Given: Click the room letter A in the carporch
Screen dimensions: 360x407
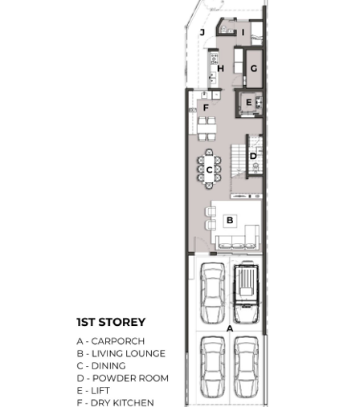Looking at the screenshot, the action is click(x=230, y=328).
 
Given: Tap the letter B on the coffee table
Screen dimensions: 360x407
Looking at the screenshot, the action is click(x=230, y=220).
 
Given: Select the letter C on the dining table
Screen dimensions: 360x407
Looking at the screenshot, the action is click(x=209, y=169).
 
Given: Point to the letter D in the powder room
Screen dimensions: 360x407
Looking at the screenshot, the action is click(x=253, y=156).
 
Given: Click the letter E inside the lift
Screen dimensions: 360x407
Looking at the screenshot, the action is click(x=248, y=102).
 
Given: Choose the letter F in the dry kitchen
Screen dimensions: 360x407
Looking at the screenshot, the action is click(x=206, y=108).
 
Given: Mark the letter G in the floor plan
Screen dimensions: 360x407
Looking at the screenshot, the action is click(x=254, y=68).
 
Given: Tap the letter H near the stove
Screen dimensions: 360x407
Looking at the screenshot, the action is click(x=220, y=68).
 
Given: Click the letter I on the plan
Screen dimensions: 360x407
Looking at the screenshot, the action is click(x=243, y=32).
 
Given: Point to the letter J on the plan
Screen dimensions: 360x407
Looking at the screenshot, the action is click(x=202, y=32).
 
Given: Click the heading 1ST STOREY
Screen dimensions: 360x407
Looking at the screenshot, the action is click(x=111, y=322).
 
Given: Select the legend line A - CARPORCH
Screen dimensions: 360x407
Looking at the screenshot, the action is click(x=111, y=341).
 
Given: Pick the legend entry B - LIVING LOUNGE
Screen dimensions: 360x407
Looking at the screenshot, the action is click(x=121, y=353).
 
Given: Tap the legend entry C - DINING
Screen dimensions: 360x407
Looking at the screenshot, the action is click(x=101, y=366).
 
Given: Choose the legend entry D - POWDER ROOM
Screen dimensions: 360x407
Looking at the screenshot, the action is click(x=123, y=378).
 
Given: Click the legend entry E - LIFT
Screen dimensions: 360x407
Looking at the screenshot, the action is click(x=93, y=390).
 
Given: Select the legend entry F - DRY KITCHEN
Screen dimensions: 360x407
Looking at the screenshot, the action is click(x=116, y=403).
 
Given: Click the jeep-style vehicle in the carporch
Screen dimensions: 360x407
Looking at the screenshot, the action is click(x=246, y=294).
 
